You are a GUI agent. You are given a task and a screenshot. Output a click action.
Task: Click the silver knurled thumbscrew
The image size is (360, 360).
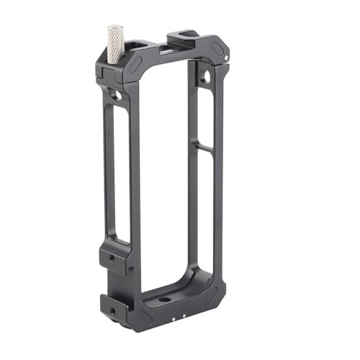pos(115,43)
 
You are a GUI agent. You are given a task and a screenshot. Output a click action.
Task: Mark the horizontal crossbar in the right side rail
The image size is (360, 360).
pos(204,148)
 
